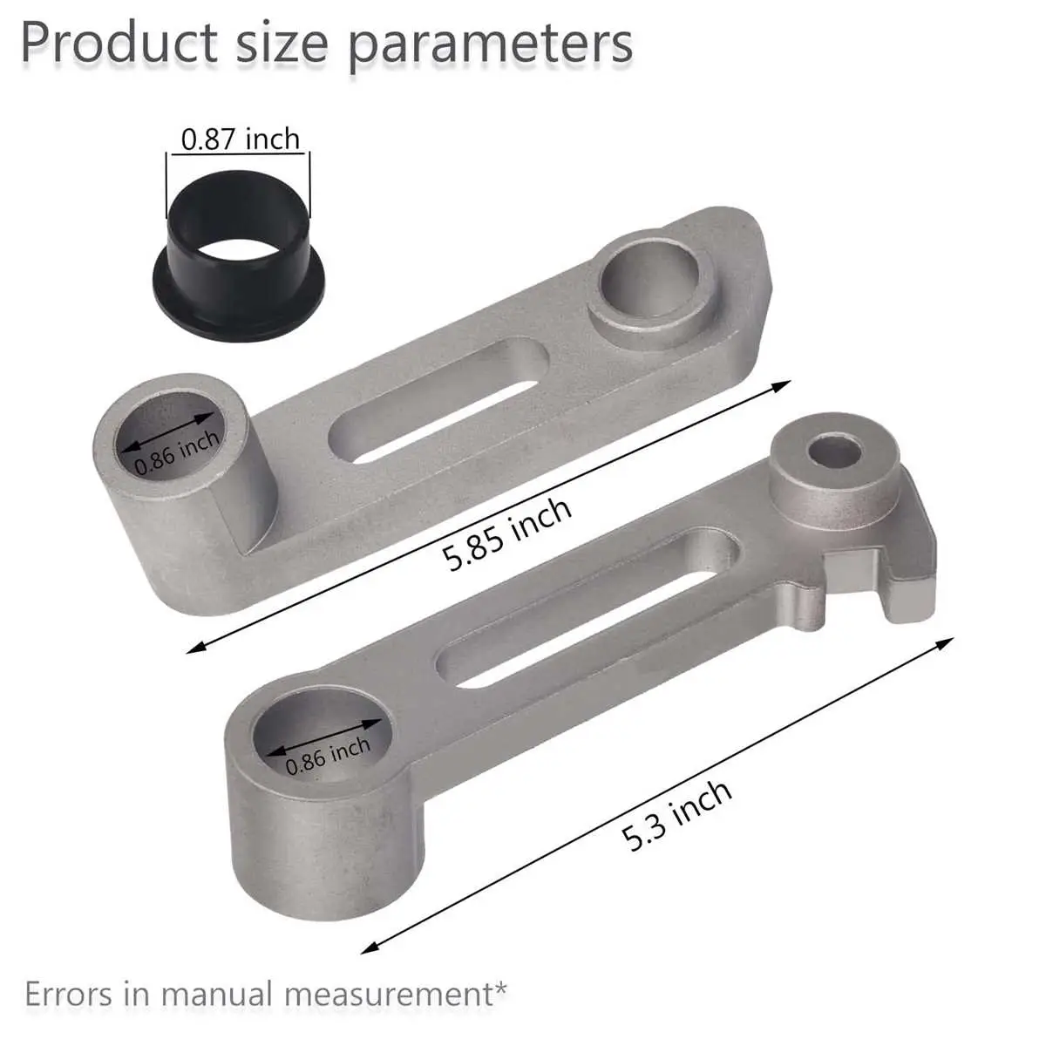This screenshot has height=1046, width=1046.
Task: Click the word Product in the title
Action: point(119,44)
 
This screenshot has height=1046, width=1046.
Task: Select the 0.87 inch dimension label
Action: point(240,139)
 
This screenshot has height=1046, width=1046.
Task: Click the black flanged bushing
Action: point(239,255)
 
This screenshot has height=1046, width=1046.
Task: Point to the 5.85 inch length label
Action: point(506,533)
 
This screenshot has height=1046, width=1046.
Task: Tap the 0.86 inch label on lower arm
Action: point(328,756)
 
